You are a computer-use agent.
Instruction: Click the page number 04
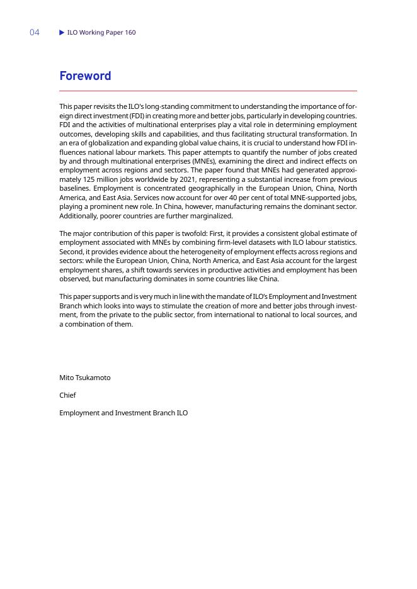click(x=35, y=32)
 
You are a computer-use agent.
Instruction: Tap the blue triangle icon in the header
click(x=62, y=32)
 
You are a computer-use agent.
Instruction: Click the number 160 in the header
click(x=129, y=32)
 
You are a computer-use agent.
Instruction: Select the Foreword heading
click(x=85, y=76)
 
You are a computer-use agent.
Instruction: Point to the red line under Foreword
click(x=208, y=91)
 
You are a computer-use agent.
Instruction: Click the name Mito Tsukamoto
click(x=85, y=378)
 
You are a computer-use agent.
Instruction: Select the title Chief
click(x=67, y=395)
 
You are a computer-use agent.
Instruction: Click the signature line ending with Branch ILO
click(x=123, y=413)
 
